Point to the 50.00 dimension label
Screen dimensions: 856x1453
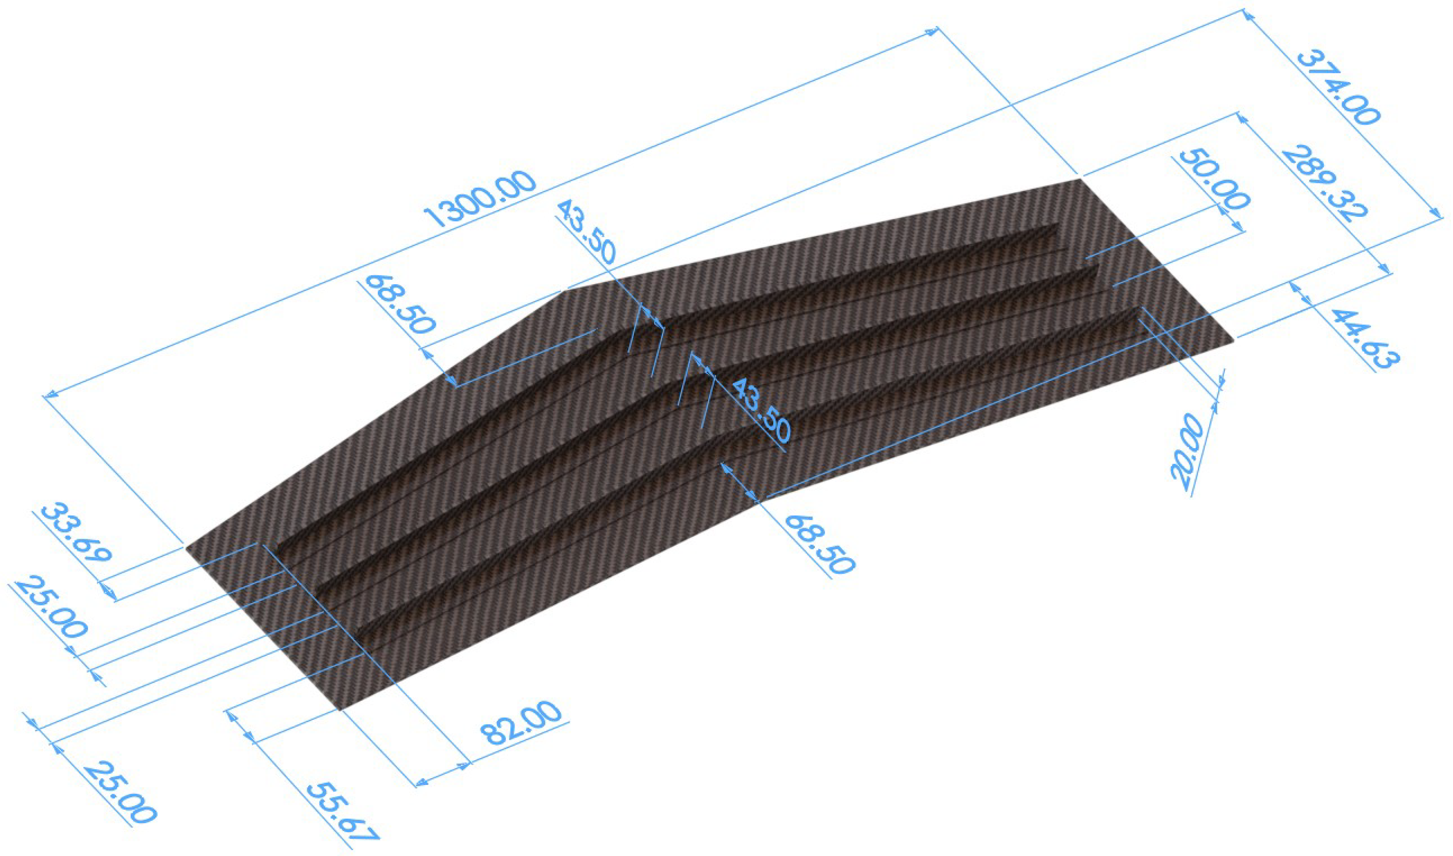[1212, 179]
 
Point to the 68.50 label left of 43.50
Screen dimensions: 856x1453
[398, 303]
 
